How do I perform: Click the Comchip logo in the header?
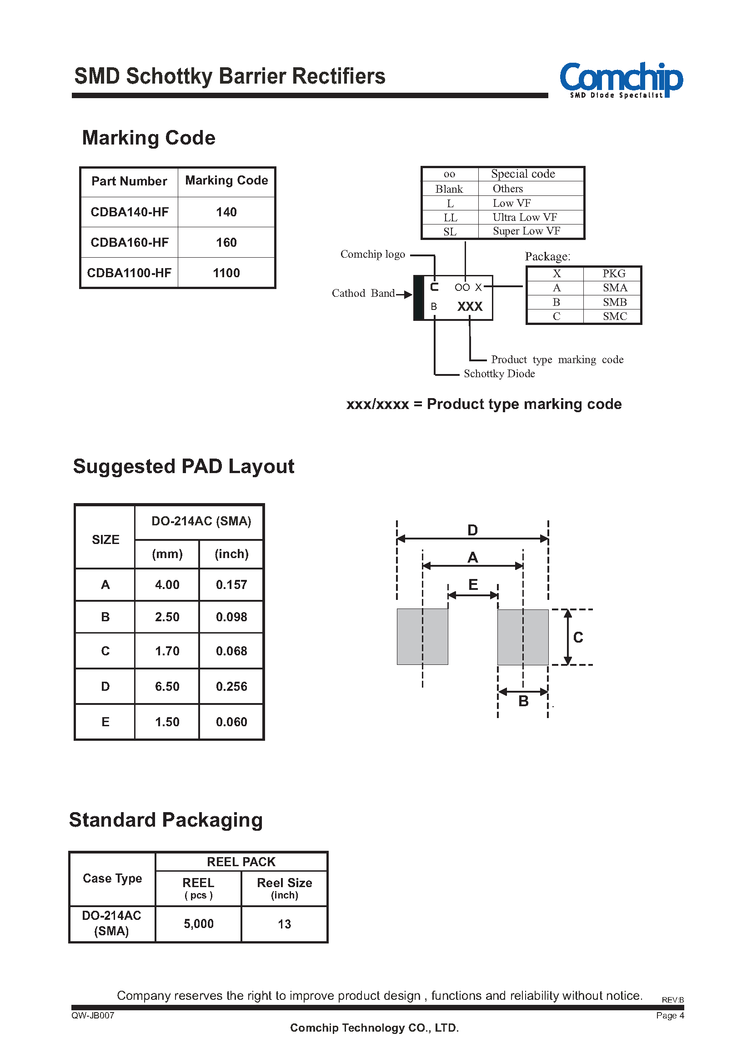pos(621,80)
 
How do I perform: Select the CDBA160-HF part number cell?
pos(130,243)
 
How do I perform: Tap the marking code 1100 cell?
pos(226,273)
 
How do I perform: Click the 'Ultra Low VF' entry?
pos(525,217)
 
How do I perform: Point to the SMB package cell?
pos(615,302)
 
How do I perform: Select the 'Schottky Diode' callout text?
pos(499,374)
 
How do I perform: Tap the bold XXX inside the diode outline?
pos(470,306)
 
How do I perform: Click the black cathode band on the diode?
pos(419,298)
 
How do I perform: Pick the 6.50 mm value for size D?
pos(167,687)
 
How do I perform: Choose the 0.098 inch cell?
pos(231,617)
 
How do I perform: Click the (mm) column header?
pos(167,554)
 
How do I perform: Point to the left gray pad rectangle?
pos(422,637)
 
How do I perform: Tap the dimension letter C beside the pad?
pos(578,638)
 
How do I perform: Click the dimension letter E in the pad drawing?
pos(473,584)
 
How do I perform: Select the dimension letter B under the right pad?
pos(523,701)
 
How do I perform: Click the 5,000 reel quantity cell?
pos(199,924)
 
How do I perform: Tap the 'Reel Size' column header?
pos(284,883)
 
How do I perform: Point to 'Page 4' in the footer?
pos(670,1015)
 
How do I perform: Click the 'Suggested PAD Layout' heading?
pos(184,467)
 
